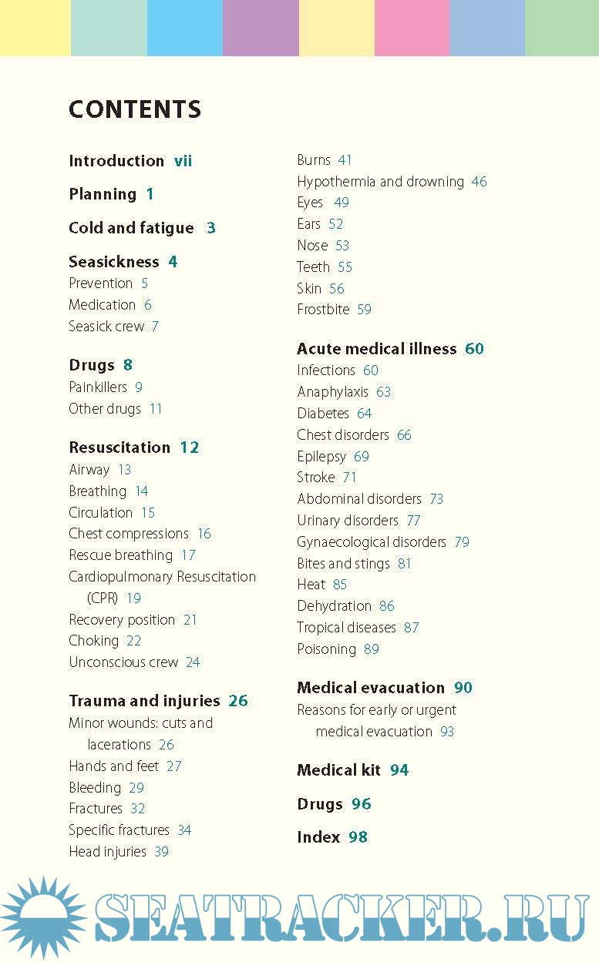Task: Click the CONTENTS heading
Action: pyautogui.click(x=135, y=109)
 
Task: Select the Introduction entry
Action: pyautogui.click(x=116, y=161)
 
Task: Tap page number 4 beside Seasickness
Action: pyautogui.click(x=173, y=262)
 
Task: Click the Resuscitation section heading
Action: pyautogui.click(x=119, y=447)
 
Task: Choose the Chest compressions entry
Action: pyautogui.click(x=129, y=534)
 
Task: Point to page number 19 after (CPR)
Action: pyautogui.click(x=133, y=598)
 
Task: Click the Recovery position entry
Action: pyautogui.click(x=122, y=620)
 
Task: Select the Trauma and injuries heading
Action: pyautogui.click(x=144, y=701)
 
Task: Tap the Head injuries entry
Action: pyautogui.click(x=107, y=852)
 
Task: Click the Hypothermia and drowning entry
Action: pyautogui.click(x=380, y=182)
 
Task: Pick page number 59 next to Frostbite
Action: pyautogui.click(x=364, y=310)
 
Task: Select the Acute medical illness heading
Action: pyautogui.click(x=376, y=349)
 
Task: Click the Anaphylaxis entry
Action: pyautogui.click(x=333, y=392)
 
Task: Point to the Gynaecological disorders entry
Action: pyautogui.click(x=372, y=542)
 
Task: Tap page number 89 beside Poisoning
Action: pyautogui.click(x=372, y=649)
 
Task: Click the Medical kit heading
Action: pyautogui.click(x=338, y=770)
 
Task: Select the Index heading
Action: pyautogui.click(x=318, y=837)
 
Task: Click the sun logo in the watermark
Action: pyautogui.click(x=42, y=917)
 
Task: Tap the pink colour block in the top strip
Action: pyautogui.click(x=412, y=28)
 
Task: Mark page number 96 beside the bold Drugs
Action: pyautogui.click(x=361, y=804)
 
